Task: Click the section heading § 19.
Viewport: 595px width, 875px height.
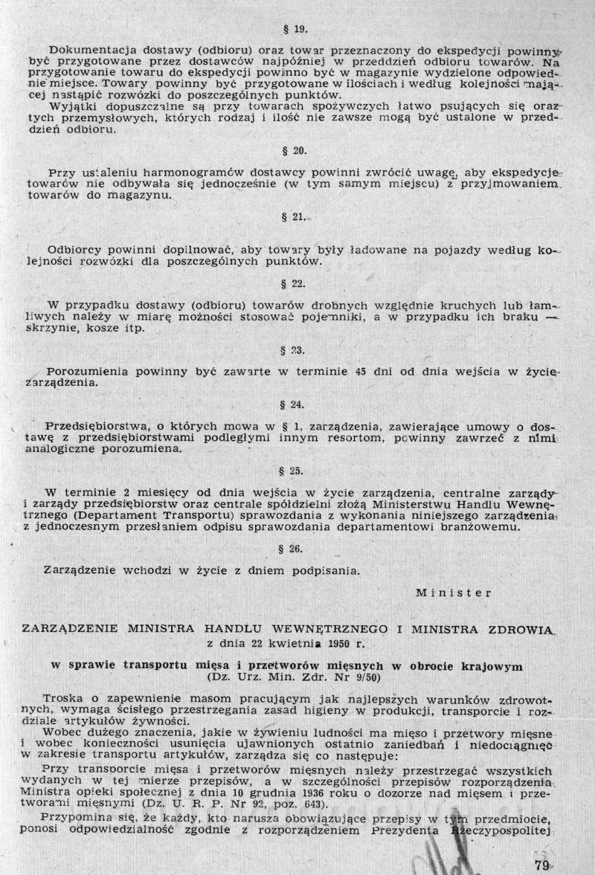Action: point(296,30)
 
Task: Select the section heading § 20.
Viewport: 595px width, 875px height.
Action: point(296,150)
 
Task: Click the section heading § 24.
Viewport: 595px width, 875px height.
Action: point(296,405)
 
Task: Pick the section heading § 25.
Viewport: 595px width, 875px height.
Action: point(296,471)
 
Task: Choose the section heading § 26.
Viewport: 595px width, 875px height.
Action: point(296,549)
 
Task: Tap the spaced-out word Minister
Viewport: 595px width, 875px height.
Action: point(453,593)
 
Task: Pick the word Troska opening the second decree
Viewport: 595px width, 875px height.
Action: point(63,700)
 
